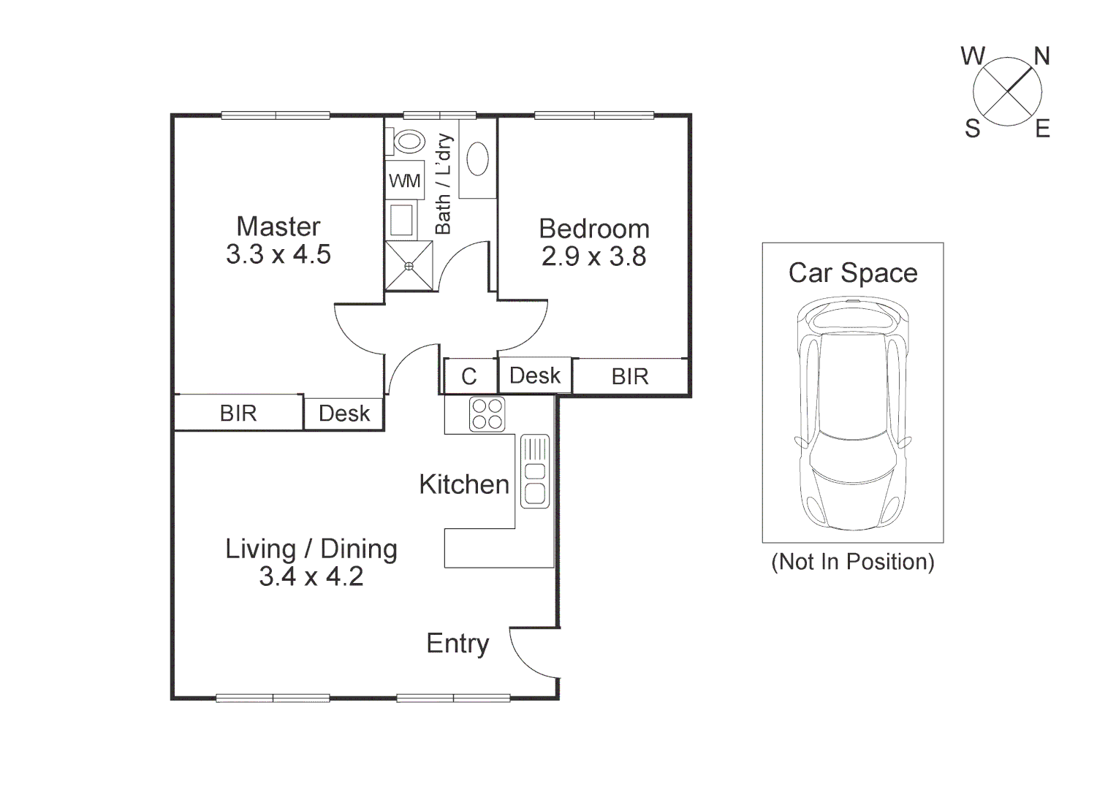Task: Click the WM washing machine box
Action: (x=404, y=180)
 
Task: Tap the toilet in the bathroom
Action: (x=408, y=141)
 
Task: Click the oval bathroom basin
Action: (x=477, y=159)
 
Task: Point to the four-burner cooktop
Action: (x=487, y=414)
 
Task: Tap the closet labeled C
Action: (x=469, y=376)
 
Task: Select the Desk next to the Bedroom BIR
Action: (x=534, y=376)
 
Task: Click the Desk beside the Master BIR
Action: (x=344, y=413)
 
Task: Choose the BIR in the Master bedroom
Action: (x=238, y=413)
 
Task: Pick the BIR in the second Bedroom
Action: (x=630, y=376)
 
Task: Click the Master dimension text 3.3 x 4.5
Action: (x=278, y=255)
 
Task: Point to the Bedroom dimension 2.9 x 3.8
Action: (x=593, y=257)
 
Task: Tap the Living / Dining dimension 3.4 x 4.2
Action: (x=311, y=577)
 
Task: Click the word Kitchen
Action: (x=463, y=484)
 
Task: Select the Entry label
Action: (x=458, y=644)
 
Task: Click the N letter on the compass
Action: (x=1041, y=56)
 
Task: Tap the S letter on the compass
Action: (x=972, y=129)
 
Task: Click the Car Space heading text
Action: (x=853, y=273)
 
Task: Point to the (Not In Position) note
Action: (x=853, y=562)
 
